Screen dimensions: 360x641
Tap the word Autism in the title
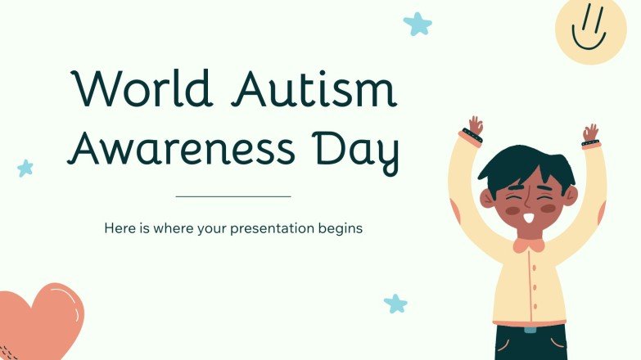pyautogui.click(x=314, y=89)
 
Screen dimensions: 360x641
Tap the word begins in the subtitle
pyautogui.click(x=339, y=229)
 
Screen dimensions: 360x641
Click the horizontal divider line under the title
pyautogui.click(x=233, y=196)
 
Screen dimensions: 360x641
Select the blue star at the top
pyautogui.click(x=418, y=23)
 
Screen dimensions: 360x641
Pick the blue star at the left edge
pyautogui.click(x=25, y=168)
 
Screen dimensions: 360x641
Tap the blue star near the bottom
pyautogui.click(x=395, y=304)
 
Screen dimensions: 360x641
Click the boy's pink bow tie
pyautogui.click(x=530, y=243)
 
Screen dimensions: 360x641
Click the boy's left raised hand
pyautogui.click(x=475, y=127)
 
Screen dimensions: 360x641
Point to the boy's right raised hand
pyautogui.click(x=590, y=133)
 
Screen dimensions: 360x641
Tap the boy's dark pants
pyautogui.click(x=530, y=344)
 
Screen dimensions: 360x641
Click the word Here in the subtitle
pyautogui.click(x=120, y=228)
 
